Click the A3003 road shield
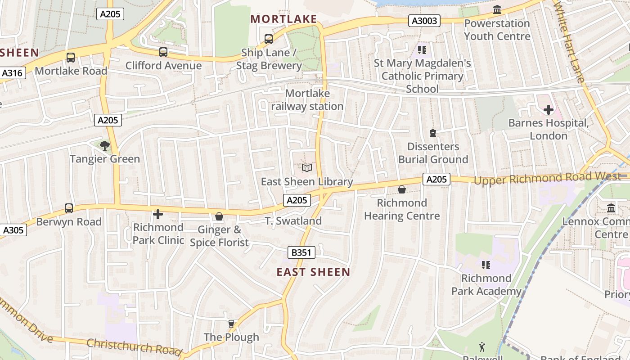424,20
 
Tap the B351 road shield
301,252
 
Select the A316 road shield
13,73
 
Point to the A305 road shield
13,230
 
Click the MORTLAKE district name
284,19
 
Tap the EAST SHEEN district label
313,272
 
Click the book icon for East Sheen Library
307,168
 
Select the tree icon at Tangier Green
105,145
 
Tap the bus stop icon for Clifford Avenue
163,52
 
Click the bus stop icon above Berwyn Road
69,208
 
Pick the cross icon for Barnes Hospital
548,109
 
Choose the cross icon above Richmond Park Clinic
158,214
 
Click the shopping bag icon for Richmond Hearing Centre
402,189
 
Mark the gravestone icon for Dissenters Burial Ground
433,133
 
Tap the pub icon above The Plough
231,324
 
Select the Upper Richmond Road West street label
547,178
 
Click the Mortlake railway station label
307,100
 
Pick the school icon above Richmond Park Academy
486,265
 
